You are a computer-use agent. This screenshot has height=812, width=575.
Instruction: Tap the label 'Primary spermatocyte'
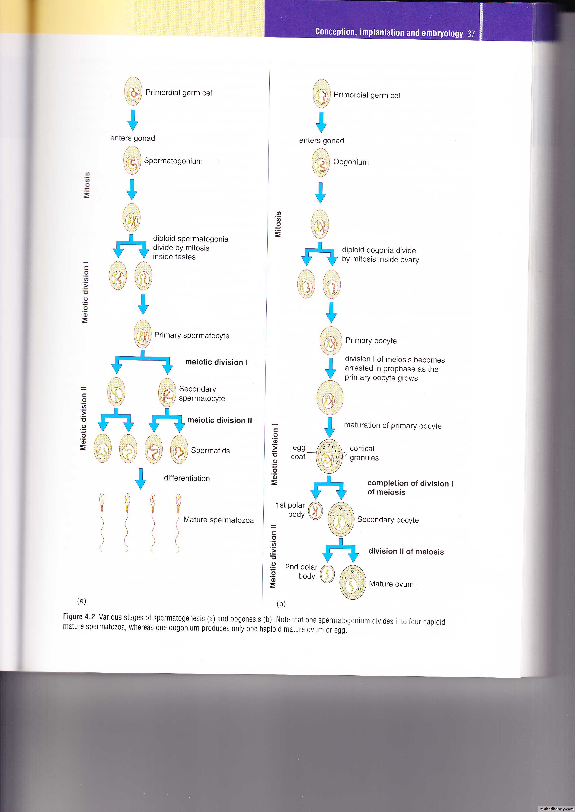tap(192, 335)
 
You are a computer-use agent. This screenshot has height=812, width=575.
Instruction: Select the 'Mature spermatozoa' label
tap(218, 520)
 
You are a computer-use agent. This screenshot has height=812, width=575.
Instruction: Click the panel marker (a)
tap(81, 601)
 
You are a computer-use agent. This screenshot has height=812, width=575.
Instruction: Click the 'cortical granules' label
tap(364, 453)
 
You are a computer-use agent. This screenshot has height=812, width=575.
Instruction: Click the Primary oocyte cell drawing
tap(331, 341)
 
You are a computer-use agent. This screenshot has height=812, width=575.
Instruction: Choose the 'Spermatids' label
tap(210, 451)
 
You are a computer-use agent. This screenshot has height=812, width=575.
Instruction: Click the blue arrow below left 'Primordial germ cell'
tap(133, 119)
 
